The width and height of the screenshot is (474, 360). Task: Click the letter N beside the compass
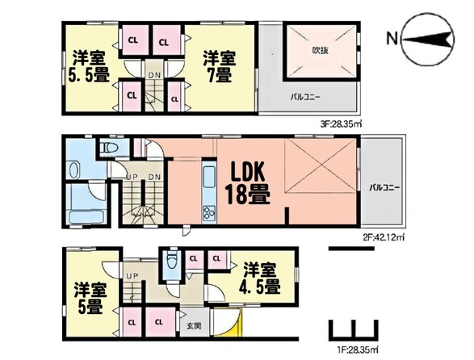coord(392,39)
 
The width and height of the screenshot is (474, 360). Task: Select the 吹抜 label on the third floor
coord(320,50)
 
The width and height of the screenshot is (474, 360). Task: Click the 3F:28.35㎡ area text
coord(341,123)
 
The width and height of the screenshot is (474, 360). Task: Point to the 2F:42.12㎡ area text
coord(384,237)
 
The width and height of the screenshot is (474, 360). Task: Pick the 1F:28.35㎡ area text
coord(356,350)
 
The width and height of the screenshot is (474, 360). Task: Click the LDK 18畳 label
coord(247,183)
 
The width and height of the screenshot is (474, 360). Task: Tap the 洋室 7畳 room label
coord(219,67)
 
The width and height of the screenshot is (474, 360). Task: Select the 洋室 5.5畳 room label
coord(88,67)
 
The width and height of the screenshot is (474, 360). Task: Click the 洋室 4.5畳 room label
coord(260,278)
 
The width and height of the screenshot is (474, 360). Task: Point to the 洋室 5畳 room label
coord(90,299)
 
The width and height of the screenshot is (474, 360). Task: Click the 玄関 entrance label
coord(194,326)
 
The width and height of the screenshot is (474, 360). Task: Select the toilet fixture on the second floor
coord(110,148)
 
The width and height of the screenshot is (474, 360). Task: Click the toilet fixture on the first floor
coord(172,260)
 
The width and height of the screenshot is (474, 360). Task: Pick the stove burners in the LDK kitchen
coord(209,213)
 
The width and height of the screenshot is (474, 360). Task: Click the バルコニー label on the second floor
coord(384,188)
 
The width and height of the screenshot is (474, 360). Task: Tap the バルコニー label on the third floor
coord(305,98)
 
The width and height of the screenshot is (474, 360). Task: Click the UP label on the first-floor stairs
coord(132,276)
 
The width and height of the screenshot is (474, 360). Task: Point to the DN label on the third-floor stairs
coord(154,75)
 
